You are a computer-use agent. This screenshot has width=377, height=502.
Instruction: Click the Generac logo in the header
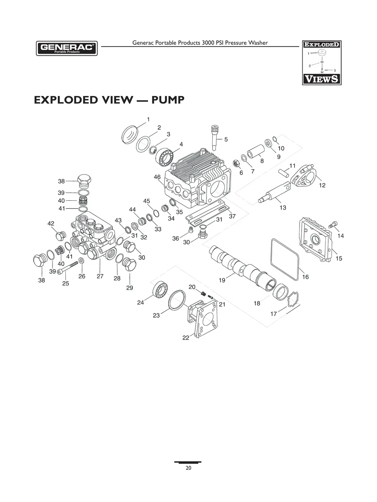tap(67, 48)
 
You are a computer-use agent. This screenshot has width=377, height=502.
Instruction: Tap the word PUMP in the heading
tap(168, 100)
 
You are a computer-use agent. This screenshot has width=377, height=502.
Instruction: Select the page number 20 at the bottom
tap(188, 468)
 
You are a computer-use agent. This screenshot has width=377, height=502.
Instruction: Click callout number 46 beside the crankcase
tap(157, 177)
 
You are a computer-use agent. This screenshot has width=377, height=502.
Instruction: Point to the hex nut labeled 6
tap(236, 163)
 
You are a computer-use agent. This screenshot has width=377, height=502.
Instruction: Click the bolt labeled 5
tap(215, 137)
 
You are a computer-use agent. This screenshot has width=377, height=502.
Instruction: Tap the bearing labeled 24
tap(160, 290)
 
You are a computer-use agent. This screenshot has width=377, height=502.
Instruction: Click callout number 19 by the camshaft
tap(222, 280)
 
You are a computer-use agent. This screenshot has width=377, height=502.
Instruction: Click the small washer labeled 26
tap(81, 260)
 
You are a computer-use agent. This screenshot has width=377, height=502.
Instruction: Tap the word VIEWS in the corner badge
tap(322, 79)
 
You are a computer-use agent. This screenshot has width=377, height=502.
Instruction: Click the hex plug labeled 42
tap(61, 236)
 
